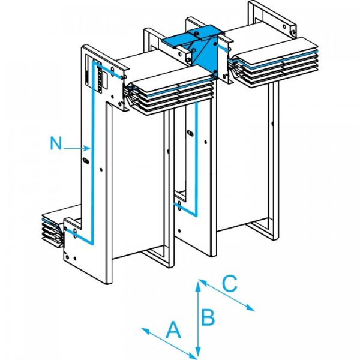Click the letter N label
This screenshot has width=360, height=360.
click(56, 143)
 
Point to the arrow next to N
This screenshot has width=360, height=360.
click(77, 146)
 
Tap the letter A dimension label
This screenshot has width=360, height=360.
click(173, 329)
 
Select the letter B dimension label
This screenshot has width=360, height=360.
click(208, 316)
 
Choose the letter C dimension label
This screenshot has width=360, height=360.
click(230, 282)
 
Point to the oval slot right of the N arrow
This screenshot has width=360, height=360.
click(85, 160)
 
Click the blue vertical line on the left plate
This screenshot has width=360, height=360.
click(92, 162)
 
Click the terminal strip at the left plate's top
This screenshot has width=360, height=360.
click(94, 75)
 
